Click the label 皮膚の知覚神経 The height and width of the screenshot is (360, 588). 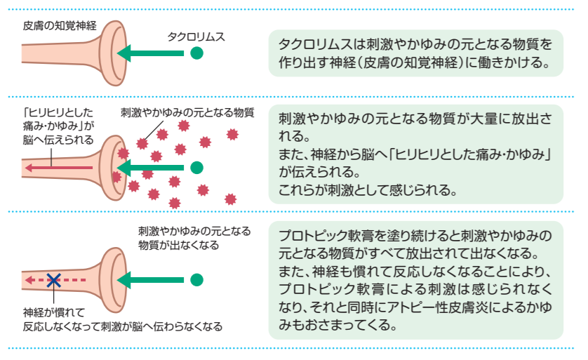pos(60,25)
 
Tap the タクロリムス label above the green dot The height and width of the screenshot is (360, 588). pos(196,36)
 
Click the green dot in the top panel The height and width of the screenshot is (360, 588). pos(196,53)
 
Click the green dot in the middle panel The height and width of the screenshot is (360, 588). pos(196,168)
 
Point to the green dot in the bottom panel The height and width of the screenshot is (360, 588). pos(196,280)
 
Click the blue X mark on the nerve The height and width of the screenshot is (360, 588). pos(53,280)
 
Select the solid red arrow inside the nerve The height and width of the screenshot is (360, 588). pos(58,168)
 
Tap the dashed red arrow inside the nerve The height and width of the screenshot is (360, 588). pos(55,280)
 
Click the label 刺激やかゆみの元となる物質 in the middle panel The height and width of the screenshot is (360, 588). pos(187,112)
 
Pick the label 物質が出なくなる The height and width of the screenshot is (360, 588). pos(178,245)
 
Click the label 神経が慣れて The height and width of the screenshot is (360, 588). pos(54,312)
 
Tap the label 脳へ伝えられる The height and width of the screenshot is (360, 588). pos(58,140)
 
